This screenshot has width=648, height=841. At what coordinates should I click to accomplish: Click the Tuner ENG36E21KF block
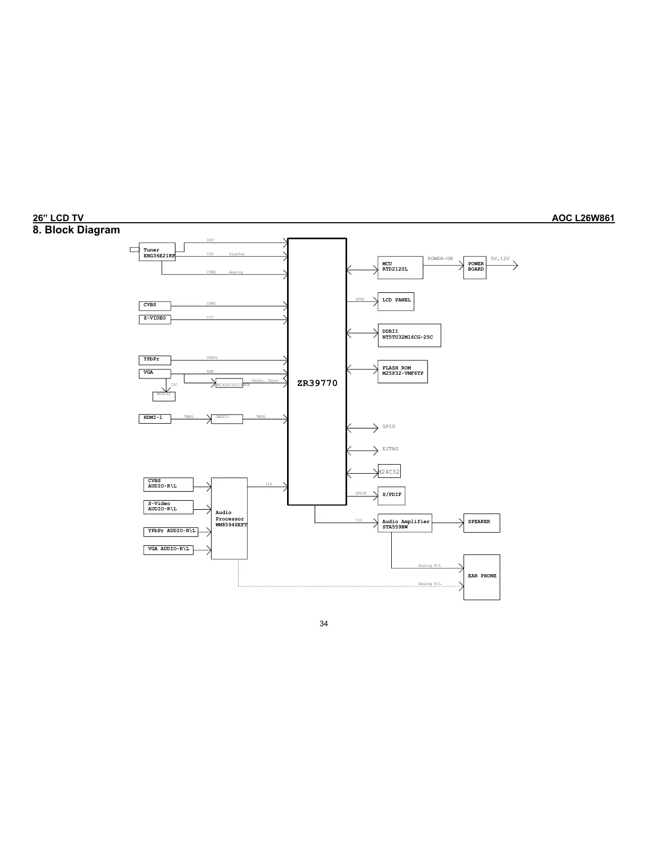(x=158, y=253)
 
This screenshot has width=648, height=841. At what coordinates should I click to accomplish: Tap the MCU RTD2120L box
(x=400, y=267)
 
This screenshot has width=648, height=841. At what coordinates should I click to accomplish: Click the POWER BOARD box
(x=475, y=267)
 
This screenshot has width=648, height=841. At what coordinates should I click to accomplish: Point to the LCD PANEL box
(x=395, y=301)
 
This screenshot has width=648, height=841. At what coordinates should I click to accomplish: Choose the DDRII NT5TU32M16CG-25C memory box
(x=409, y=335)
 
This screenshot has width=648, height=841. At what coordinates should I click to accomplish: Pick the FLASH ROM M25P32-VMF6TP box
(x=402, y=371)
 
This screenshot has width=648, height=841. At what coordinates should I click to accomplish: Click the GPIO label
(x=389, y=426)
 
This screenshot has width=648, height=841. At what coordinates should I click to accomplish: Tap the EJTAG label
(x=390, y=449)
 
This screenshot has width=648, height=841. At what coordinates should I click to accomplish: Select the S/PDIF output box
(x=392, y=495)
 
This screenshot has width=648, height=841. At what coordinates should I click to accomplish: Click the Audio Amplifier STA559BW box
(x=405, y=524)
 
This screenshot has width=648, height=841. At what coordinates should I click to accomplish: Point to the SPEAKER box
(x=481, y=523)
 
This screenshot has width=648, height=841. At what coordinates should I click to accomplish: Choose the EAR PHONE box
(x=482, y=577)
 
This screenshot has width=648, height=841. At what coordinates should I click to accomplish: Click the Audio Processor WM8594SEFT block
(x=229, y=518)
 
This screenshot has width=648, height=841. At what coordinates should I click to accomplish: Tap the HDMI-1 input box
(x=155, y=418)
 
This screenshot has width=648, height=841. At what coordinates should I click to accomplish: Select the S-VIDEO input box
(x=155, y=319)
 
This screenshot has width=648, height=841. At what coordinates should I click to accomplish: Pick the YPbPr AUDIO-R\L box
(x=171, y=531)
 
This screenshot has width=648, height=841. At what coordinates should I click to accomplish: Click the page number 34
(x=324, y=624)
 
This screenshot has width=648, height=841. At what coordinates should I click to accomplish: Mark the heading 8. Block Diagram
(x=77, y=230)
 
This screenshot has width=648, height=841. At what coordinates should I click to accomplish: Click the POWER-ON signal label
(x=440, y=259)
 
